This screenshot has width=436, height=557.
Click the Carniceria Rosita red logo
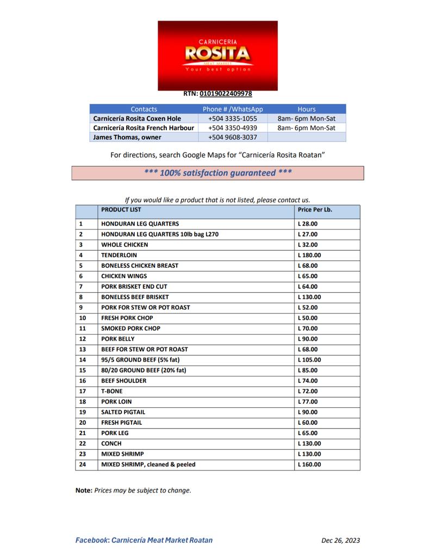(217, 55)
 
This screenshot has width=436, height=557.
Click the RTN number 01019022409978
(226, 94)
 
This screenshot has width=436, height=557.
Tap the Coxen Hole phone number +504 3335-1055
(232, 119)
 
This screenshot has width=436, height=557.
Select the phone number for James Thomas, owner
(232, 137)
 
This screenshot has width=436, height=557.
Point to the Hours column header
(307, 109)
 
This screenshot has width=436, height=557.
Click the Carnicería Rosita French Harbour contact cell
(143, 128)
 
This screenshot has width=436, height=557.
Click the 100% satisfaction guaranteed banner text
(217, 173)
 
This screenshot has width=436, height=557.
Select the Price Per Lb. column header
(314, 209)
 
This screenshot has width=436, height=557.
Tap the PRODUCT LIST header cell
(121, 209)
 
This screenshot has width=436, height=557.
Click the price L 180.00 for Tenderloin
(309, 255)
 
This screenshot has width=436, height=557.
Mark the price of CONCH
(309, 443)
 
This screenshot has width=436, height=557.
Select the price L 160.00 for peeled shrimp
(309, 465)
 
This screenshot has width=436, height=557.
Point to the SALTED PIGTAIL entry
(123, 412)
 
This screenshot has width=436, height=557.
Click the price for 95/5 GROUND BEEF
(309, 360)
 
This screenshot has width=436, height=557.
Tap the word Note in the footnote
(83, 490)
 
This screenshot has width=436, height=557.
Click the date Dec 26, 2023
(340, 541)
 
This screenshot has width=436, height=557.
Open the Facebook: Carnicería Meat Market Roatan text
(144, 540)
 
